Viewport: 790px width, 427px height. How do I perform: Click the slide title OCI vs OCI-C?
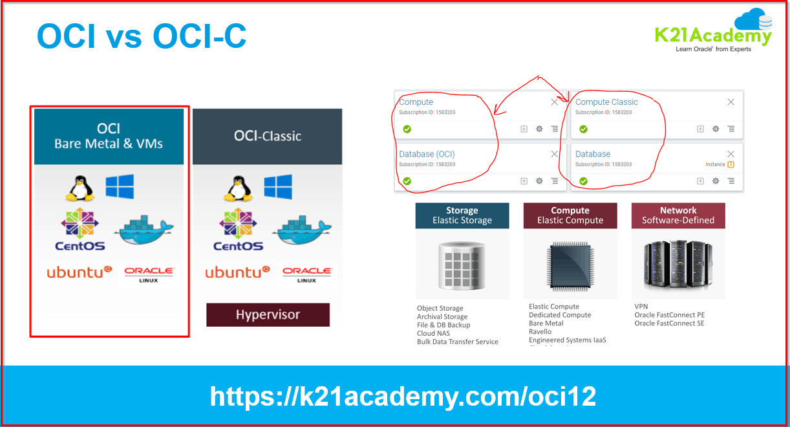click(142, 36)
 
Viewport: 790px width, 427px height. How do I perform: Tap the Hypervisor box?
click(268, 315)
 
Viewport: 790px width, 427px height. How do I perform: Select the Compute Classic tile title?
click(606, 102)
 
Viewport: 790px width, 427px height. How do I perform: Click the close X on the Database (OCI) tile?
click(554, 154)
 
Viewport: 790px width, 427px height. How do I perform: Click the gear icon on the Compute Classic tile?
click(716, 129)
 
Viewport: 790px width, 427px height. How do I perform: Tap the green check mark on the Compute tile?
click(407, 129)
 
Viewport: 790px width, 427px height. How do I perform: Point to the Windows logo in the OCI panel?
click(120, 186)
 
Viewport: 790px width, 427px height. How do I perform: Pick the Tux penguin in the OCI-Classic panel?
click(238, 188)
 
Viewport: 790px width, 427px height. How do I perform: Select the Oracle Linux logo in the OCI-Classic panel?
click(307, 274)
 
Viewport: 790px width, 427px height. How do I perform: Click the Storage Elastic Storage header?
click(462, 215)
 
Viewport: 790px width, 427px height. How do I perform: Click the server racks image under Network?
click(678, 264)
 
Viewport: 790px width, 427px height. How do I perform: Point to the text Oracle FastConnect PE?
click(669, 315)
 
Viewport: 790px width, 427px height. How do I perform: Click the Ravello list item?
click(540, 332)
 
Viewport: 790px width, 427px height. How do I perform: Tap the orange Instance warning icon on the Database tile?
click(731, 164)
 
